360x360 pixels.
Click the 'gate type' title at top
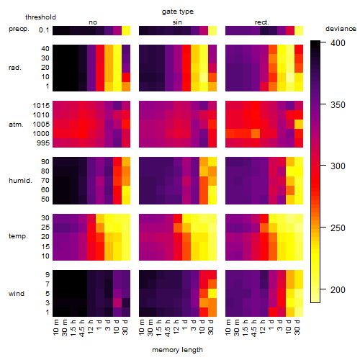[x=178, y=12]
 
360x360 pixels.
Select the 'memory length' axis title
[x=177, y=350]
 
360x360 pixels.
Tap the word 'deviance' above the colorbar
[x=341, y=29]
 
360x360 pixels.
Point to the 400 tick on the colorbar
[x=338, y=43]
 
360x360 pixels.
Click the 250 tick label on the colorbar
[x=338, y=228]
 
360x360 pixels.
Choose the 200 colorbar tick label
[x=338, y=289]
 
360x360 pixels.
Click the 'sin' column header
[x=177, y=22]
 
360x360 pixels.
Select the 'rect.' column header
[x=261, y=22]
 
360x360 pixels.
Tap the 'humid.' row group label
[x=20, y=181]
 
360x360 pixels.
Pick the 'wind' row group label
[x=17, y=294]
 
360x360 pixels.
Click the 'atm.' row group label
[x=16, y=125]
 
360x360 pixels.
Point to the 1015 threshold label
[x=41, y=106]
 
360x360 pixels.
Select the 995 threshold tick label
[x=43, y=143]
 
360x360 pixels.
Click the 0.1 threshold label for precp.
[x=44, y=30]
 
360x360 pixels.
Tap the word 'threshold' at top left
[x=40, y=17]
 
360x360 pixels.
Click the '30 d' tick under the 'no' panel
[x=125, y=327]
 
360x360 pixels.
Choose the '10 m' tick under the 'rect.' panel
[x=228, y=327]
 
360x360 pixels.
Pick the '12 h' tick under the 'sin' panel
[x=176, y=327]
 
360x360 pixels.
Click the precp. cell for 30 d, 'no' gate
[x=126, y=30]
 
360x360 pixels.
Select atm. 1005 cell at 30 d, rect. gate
[x=299, y=124]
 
